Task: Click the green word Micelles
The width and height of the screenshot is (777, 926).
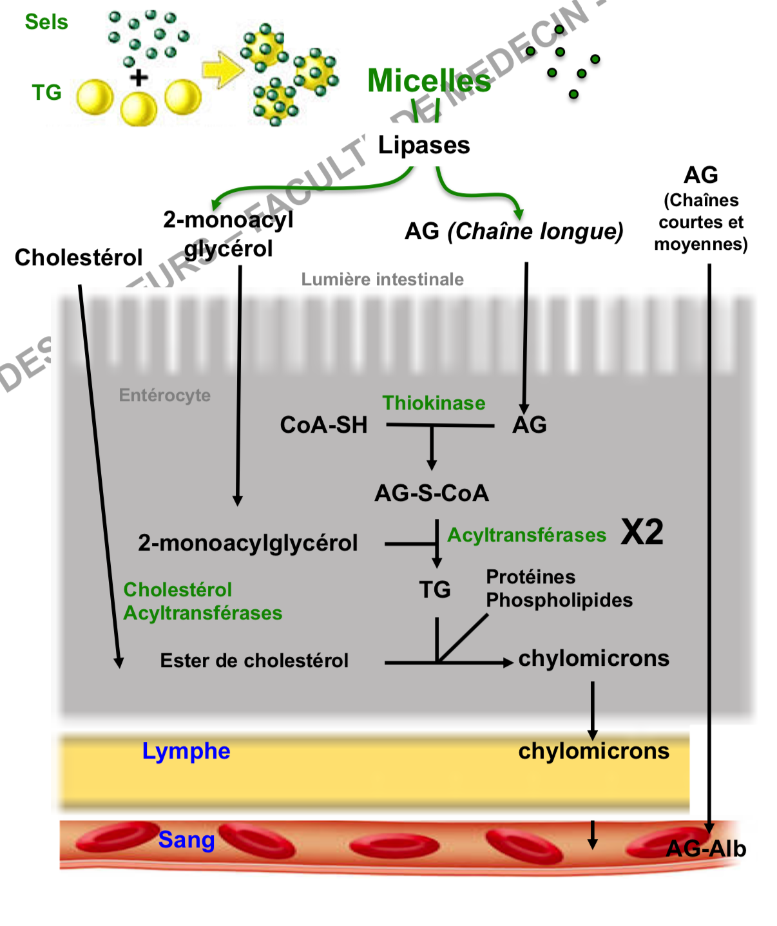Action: [428, 81]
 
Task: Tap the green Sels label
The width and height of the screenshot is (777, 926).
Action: [46, 22]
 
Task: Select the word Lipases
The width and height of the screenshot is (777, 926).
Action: [423, 145]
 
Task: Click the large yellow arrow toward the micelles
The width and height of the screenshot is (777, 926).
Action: [222, 70]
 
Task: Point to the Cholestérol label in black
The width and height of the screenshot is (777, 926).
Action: [79, 258]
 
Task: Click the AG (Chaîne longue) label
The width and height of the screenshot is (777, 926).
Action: [513, 231]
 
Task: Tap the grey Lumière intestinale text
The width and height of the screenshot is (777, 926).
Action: [382, 279]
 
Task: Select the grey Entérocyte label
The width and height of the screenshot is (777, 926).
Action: [165, 395]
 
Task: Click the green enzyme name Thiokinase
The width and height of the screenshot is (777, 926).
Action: [434, 403]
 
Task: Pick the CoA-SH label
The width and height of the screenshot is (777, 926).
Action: [323, 425]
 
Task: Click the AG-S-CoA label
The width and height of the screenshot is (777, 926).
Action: [432, 493]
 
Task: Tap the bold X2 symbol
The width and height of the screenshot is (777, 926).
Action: [642, 533]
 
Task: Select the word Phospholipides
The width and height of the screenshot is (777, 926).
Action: [559, 600]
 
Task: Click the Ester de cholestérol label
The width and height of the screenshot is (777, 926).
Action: [254, 661]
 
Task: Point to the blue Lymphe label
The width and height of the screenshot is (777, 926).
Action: [186, 751]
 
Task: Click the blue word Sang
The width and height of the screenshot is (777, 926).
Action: [186, 840]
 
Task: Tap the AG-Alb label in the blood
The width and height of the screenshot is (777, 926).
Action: [706, 849]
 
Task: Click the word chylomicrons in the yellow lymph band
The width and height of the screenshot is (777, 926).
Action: [593, 751]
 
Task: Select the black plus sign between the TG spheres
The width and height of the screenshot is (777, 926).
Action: [139, 78]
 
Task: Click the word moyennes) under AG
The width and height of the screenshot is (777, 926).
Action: [701, 244]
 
